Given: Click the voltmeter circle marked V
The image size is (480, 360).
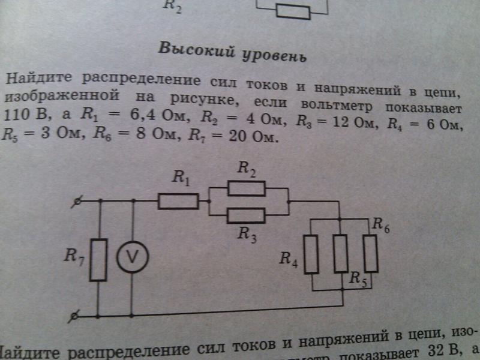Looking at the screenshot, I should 131,257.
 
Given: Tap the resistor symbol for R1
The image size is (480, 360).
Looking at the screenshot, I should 178,201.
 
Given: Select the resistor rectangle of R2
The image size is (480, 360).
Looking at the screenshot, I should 247,189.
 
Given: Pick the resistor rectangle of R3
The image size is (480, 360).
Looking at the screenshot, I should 247,215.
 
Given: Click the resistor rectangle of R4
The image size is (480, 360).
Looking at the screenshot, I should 311,254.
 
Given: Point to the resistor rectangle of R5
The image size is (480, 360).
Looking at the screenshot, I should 341,253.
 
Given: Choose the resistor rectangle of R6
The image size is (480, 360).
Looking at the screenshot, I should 370,253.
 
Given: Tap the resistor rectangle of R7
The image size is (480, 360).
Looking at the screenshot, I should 98,259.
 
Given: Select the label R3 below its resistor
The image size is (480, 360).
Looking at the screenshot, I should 246,234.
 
